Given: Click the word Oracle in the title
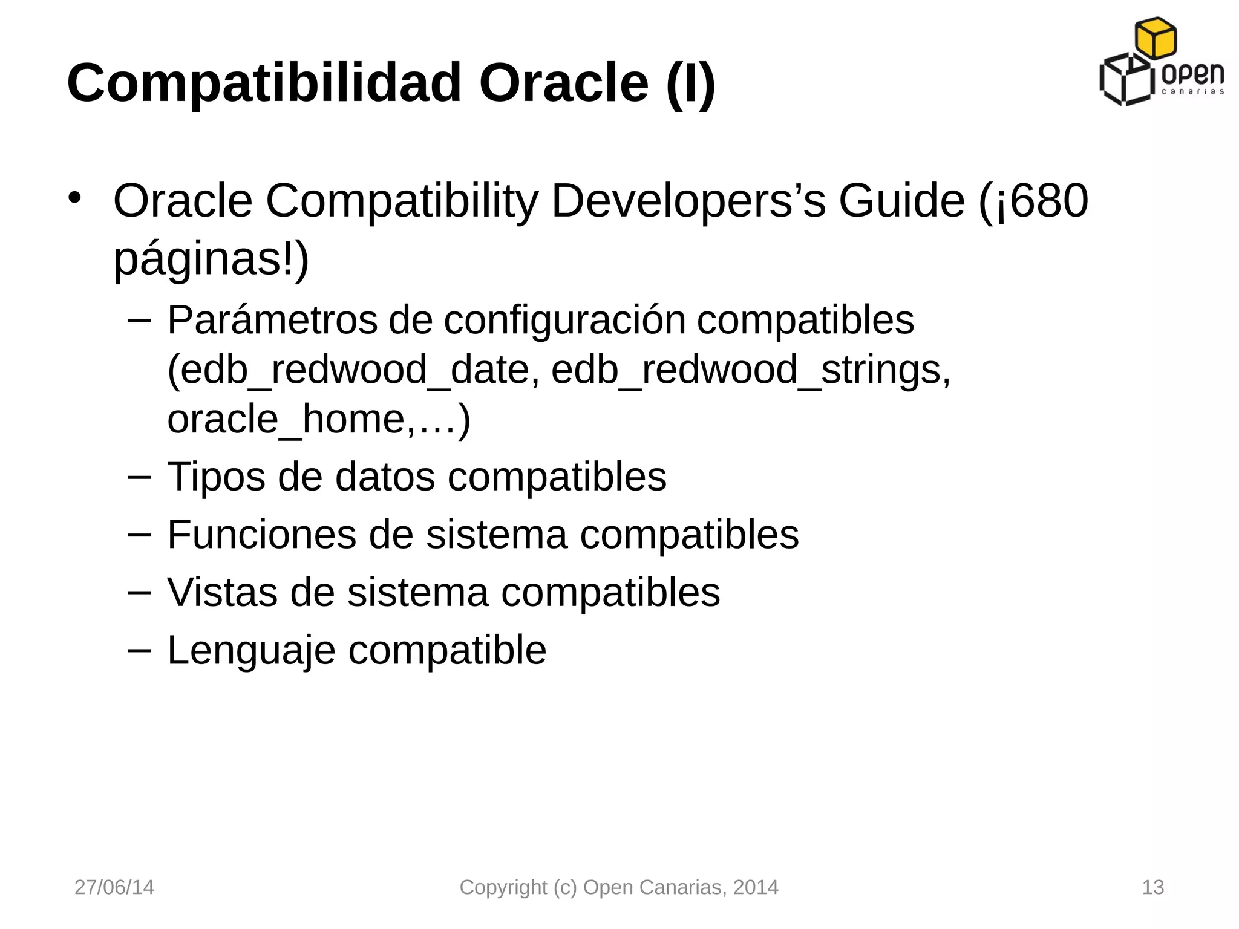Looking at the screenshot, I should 563,83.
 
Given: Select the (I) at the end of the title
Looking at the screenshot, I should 690,83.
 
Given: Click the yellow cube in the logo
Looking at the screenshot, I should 1155,38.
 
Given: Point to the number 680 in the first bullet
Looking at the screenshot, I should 1049,201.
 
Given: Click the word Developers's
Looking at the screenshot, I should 688,201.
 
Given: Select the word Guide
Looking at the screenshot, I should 901,201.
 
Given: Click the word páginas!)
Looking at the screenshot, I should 211,259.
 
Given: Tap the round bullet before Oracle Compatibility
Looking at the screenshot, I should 74,197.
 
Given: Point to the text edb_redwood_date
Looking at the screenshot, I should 353,370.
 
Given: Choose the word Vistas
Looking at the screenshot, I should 222,592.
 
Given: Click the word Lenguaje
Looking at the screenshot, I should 251,650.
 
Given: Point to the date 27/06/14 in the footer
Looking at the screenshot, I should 114,887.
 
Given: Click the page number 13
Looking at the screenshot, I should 1152,887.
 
